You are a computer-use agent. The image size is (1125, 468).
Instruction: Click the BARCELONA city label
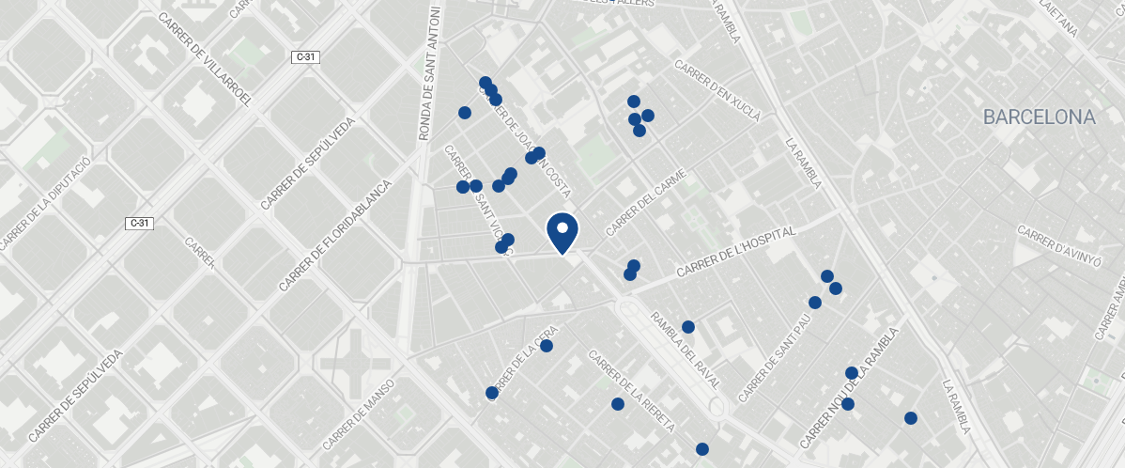point(1039,117)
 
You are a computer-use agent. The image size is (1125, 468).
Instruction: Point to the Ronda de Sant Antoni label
point(430,73)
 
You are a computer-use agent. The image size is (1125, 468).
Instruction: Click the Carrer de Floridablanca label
point(333,235)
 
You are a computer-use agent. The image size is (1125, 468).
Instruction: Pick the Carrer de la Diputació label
point(45,205)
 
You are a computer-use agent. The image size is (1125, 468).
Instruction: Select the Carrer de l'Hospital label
point(735,252)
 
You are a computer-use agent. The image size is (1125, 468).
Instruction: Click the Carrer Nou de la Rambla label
point(849,387)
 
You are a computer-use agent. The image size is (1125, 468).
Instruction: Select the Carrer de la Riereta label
point(631,391)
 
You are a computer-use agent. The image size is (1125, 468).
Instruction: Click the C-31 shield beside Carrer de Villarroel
point(306,57)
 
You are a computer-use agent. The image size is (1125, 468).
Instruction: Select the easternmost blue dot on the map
point(910,418)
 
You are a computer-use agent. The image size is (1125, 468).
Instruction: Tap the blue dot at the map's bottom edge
point(702,449)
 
